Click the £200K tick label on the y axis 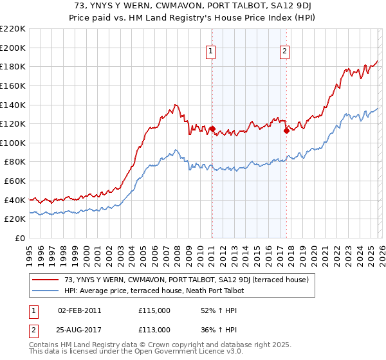pos(13,48)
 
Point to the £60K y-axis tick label pos(15,181)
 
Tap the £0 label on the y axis pos(20,239)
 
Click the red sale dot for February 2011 pos(212,129)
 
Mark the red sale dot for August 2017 pos(286,130)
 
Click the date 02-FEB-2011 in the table pos(79,310)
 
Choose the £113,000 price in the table pos(154,329)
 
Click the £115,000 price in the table pos(154,310)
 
